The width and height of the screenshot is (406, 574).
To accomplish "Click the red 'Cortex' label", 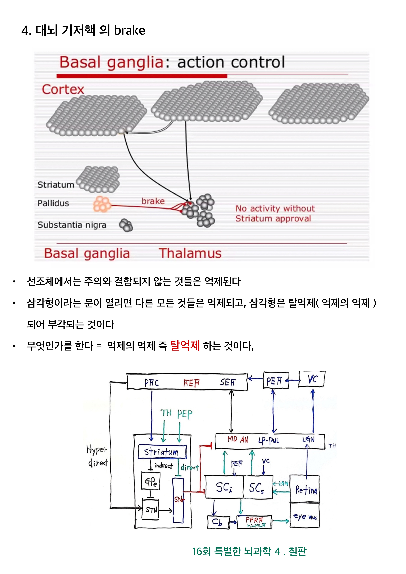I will click(x=63, y=89).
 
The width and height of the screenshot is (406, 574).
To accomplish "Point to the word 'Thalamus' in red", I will click(x=190, y=253).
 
